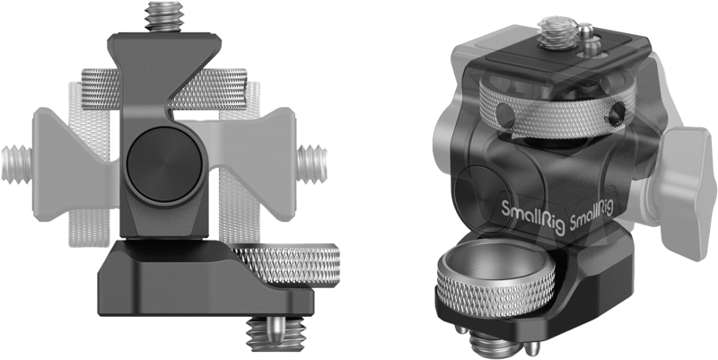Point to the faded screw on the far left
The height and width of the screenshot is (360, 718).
tap(17, 164)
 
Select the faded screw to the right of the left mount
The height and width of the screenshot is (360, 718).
tap(311, 164)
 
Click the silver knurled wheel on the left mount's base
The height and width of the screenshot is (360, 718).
tap(286, 264)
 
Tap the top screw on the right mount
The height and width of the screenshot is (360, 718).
tap(557, 33)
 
